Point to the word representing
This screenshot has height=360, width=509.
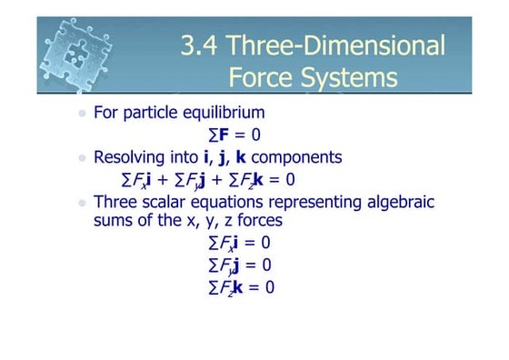(x=314, y=201)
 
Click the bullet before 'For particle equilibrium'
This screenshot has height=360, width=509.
(x=83, y=115)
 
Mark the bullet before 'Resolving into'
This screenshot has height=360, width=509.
(x=83, y=158)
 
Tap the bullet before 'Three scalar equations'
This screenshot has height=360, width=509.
(x=83, y=202)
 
